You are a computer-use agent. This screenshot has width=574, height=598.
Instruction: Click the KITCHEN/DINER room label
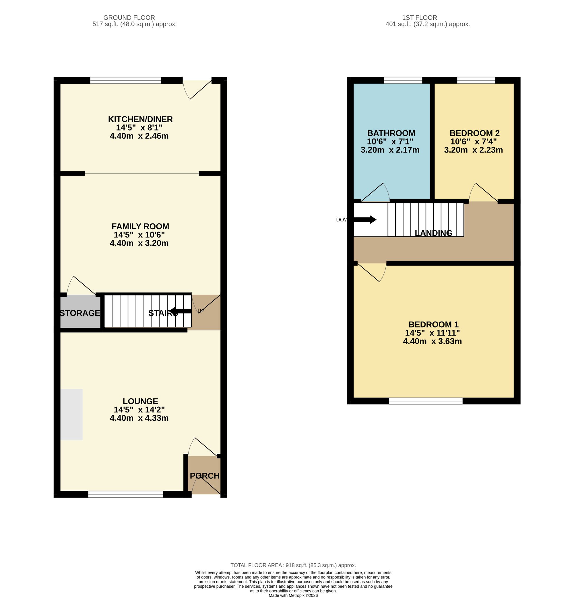(140, 119)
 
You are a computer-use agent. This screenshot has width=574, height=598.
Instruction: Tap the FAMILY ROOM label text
(140, 226)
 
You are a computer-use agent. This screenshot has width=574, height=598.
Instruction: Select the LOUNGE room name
(140, 401)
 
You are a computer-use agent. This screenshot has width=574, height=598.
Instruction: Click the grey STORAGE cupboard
(80, 311)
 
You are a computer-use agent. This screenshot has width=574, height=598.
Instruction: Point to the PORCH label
(205, 476)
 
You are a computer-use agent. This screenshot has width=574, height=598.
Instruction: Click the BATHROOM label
(391, 133)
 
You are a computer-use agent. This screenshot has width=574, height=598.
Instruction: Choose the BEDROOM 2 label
(474, 133)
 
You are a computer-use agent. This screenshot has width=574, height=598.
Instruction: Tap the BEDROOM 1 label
(434, 324)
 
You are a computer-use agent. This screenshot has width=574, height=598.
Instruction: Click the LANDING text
(434, 233)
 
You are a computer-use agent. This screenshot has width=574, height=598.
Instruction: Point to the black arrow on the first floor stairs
(365, 220)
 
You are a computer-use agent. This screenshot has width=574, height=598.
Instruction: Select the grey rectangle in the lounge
(71, 414)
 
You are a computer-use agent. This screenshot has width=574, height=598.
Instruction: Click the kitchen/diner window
(125, 80)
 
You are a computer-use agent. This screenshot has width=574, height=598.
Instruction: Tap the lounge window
(126, 494)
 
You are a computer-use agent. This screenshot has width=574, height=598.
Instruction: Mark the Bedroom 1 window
(426, 401)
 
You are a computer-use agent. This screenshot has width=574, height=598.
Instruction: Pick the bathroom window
(403, 80)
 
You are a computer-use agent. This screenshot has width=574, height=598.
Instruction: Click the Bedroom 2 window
(476, 80)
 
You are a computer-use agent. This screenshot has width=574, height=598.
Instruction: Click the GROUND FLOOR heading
(129, 18)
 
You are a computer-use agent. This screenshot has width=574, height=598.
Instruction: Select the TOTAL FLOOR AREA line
(293, 565)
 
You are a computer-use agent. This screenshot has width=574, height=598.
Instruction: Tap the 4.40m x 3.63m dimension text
(432, 341)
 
